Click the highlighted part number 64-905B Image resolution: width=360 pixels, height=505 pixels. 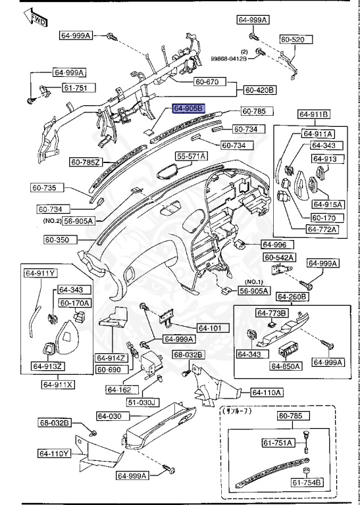pyautogui.click(x=189, y=108)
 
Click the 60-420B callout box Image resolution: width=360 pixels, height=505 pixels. pyautogui.click(x=260, y=89)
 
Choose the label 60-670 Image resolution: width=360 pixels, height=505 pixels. pyautogui.click(x=209, y=82)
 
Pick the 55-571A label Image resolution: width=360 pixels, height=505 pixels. pyautogui.click(x=191, y=156)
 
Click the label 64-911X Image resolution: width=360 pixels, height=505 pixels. pyautogui.click(x=59, y=384)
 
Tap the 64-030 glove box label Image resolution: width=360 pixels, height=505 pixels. pyautogui.click(x=111, y=416)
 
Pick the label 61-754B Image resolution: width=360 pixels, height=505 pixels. pyautogui.click(x=307, y=483)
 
